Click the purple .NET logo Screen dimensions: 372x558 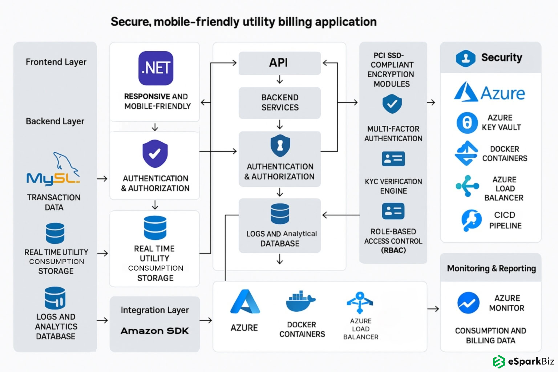click(x=156, y=68)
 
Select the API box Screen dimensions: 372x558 click(x=279, y=63)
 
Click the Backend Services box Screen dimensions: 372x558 click(x=279, y=103)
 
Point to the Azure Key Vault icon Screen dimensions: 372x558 click(x=467, y=123)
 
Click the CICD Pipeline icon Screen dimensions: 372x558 click(x=471, y=220)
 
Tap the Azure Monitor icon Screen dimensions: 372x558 click(x=468, y=303)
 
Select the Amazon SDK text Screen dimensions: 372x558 click(x=155, y=331)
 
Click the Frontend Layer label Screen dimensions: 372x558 click(x=56, y=62)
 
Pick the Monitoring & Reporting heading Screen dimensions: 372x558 click(x=491, y=268)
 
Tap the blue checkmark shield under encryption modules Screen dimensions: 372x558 click(x=392, y=104)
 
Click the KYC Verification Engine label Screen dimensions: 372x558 click(x=393, y=186)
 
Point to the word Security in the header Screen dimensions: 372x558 click(x=501, y=57)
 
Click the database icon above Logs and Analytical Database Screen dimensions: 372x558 click(x=280, y=214)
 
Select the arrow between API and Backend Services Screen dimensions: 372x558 click(x=280, y=80)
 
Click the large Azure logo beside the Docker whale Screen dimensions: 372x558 click(x=245, y=302)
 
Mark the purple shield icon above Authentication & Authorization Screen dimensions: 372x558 click(x=155, y=154)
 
